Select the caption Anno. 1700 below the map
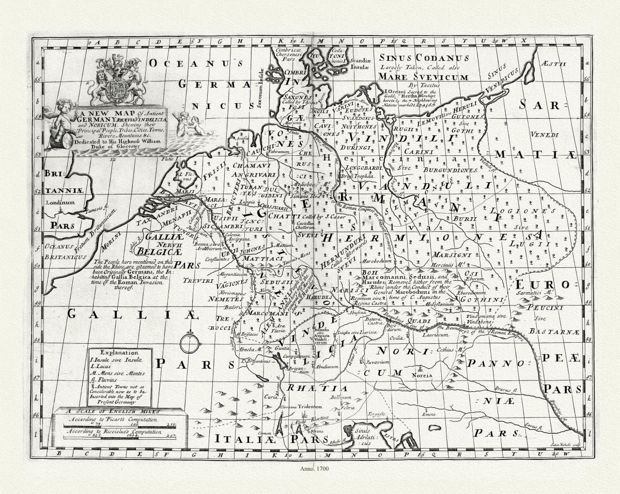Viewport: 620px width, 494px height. [314, 469]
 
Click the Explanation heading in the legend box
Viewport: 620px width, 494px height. [120, 353]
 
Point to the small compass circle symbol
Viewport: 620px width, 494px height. [190, 344]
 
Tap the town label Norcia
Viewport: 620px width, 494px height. [422, 375]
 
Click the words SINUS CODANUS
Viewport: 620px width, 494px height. [424, 58]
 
